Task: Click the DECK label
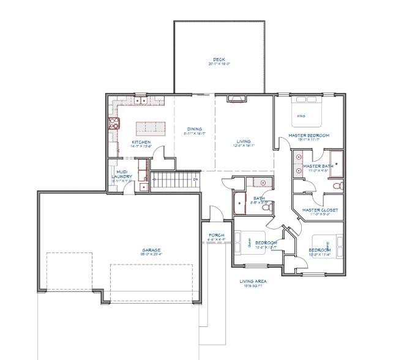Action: point(219,60)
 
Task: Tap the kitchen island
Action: point(151,128)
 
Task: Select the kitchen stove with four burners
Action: point(113,124)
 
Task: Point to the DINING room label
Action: point(194,130)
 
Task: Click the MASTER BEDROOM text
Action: point(310,135)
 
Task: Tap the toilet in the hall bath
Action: point(265,208)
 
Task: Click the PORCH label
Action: point(216,236)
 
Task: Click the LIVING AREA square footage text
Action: point(252,283)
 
